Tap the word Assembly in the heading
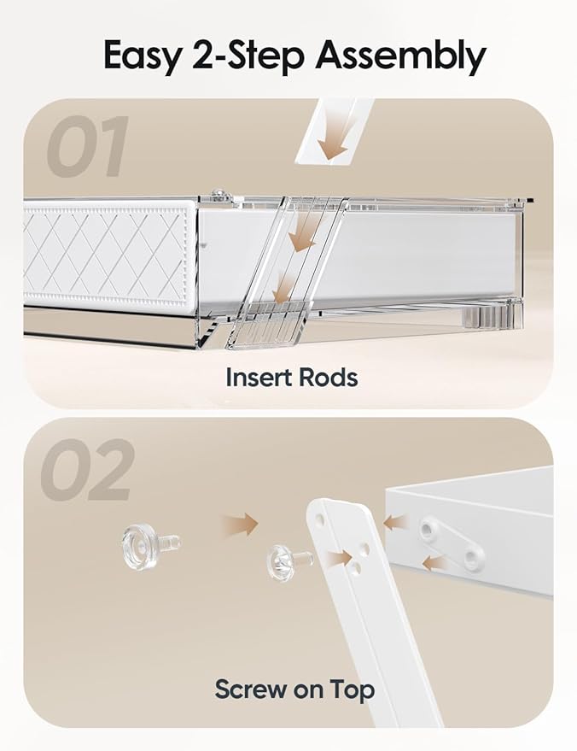tap(400, 56)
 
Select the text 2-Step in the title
tap(248, 56)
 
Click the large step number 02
tap(86, 469)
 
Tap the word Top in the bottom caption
tap(352, 689)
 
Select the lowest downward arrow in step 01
tap(285, 287)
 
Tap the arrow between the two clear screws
tap(239, 524)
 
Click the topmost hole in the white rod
tap(321, 519)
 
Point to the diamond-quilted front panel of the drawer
tap(109, 254)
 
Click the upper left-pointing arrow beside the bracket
tap(397, 522)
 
